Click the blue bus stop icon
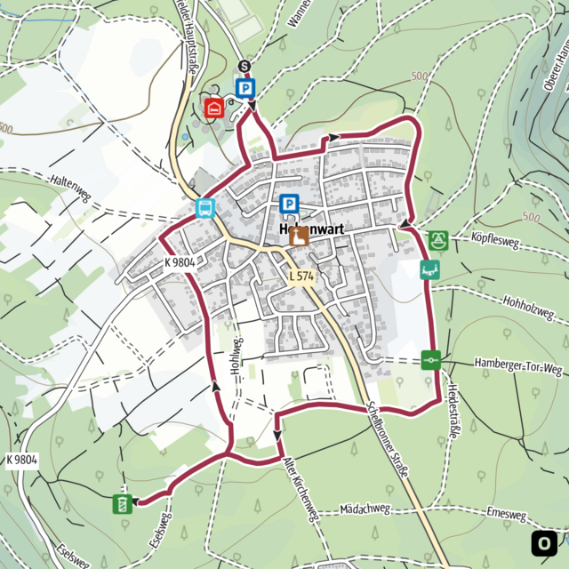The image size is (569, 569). click(205, 209)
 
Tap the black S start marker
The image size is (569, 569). click(244, 67)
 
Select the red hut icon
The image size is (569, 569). click(213, 108)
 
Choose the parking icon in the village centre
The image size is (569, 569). click(289, 205)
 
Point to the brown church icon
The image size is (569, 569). click(298, 236)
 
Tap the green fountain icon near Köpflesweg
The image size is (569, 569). click(437, 240)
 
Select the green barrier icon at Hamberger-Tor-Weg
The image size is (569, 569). click(432, 360)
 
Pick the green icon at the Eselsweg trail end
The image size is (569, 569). click(122, 505)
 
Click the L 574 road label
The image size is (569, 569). click(302, 277)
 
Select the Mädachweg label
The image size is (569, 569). click(365, 509)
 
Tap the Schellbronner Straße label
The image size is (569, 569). click(388, 441)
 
